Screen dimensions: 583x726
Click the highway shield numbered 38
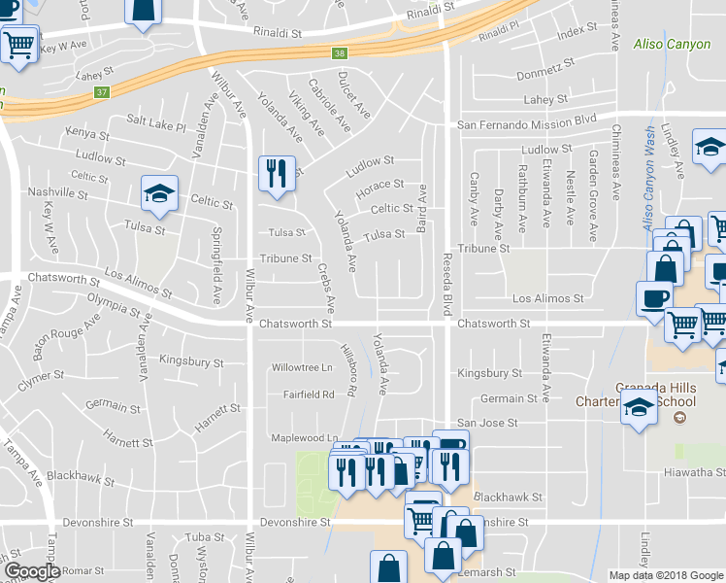[x=338, y=54]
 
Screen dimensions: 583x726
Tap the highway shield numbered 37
[x=101, y=93]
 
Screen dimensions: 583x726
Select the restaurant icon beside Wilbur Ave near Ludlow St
[x=276, y=173]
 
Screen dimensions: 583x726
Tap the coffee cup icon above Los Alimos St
[x=652, y=296]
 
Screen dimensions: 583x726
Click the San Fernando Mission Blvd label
[x=526, y=124]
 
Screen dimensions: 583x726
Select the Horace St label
[x=379, y=185]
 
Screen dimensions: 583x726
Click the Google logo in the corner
[x=32, y=571]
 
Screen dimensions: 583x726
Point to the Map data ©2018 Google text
[x=666, y=575]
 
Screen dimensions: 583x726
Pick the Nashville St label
[x=57, y=194]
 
